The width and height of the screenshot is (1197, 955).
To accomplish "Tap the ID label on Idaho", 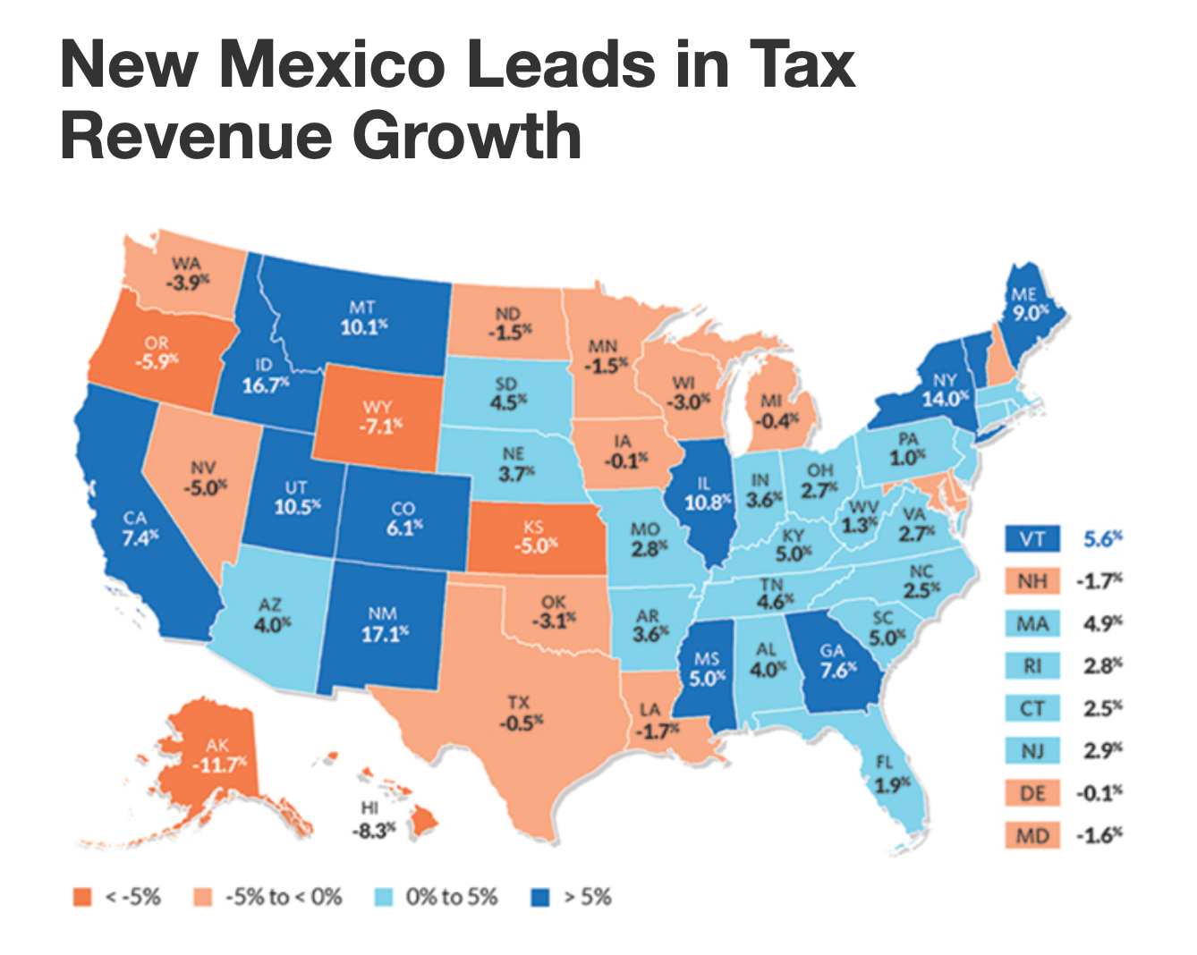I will (x=263, y=366).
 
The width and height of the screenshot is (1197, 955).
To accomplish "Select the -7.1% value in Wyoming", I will (x=380, y=426).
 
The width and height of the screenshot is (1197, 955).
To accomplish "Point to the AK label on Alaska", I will (x=217, y=745).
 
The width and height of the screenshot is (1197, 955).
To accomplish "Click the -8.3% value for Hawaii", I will (x=374, y=830).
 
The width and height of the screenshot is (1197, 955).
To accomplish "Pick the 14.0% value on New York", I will (x=946, y=399).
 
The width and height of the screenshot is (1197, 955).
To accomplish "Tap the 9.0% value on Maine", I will (x=1031, y=313).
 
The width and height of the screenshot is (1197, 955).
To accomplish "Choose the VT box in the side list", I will (x=1032, y=539).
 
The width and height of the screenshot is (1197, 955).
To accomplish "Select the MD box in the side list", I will (x=1032, y=836).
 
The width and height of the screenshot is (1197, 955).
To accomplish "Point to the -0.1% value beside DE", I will (x=1099, y=793).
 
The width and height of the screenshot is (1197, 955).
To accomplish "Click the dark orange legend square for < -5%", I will (x=82, y=897).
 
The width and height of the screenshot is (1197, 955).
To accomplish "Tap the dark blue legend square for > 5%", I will (x=539, y=897).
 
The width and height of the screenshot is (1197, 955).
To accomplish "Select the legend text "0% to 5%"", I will (x=452, y=897).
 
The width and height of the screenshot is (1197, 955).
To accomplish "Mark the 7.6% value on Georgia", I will (x=839, y=670).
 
